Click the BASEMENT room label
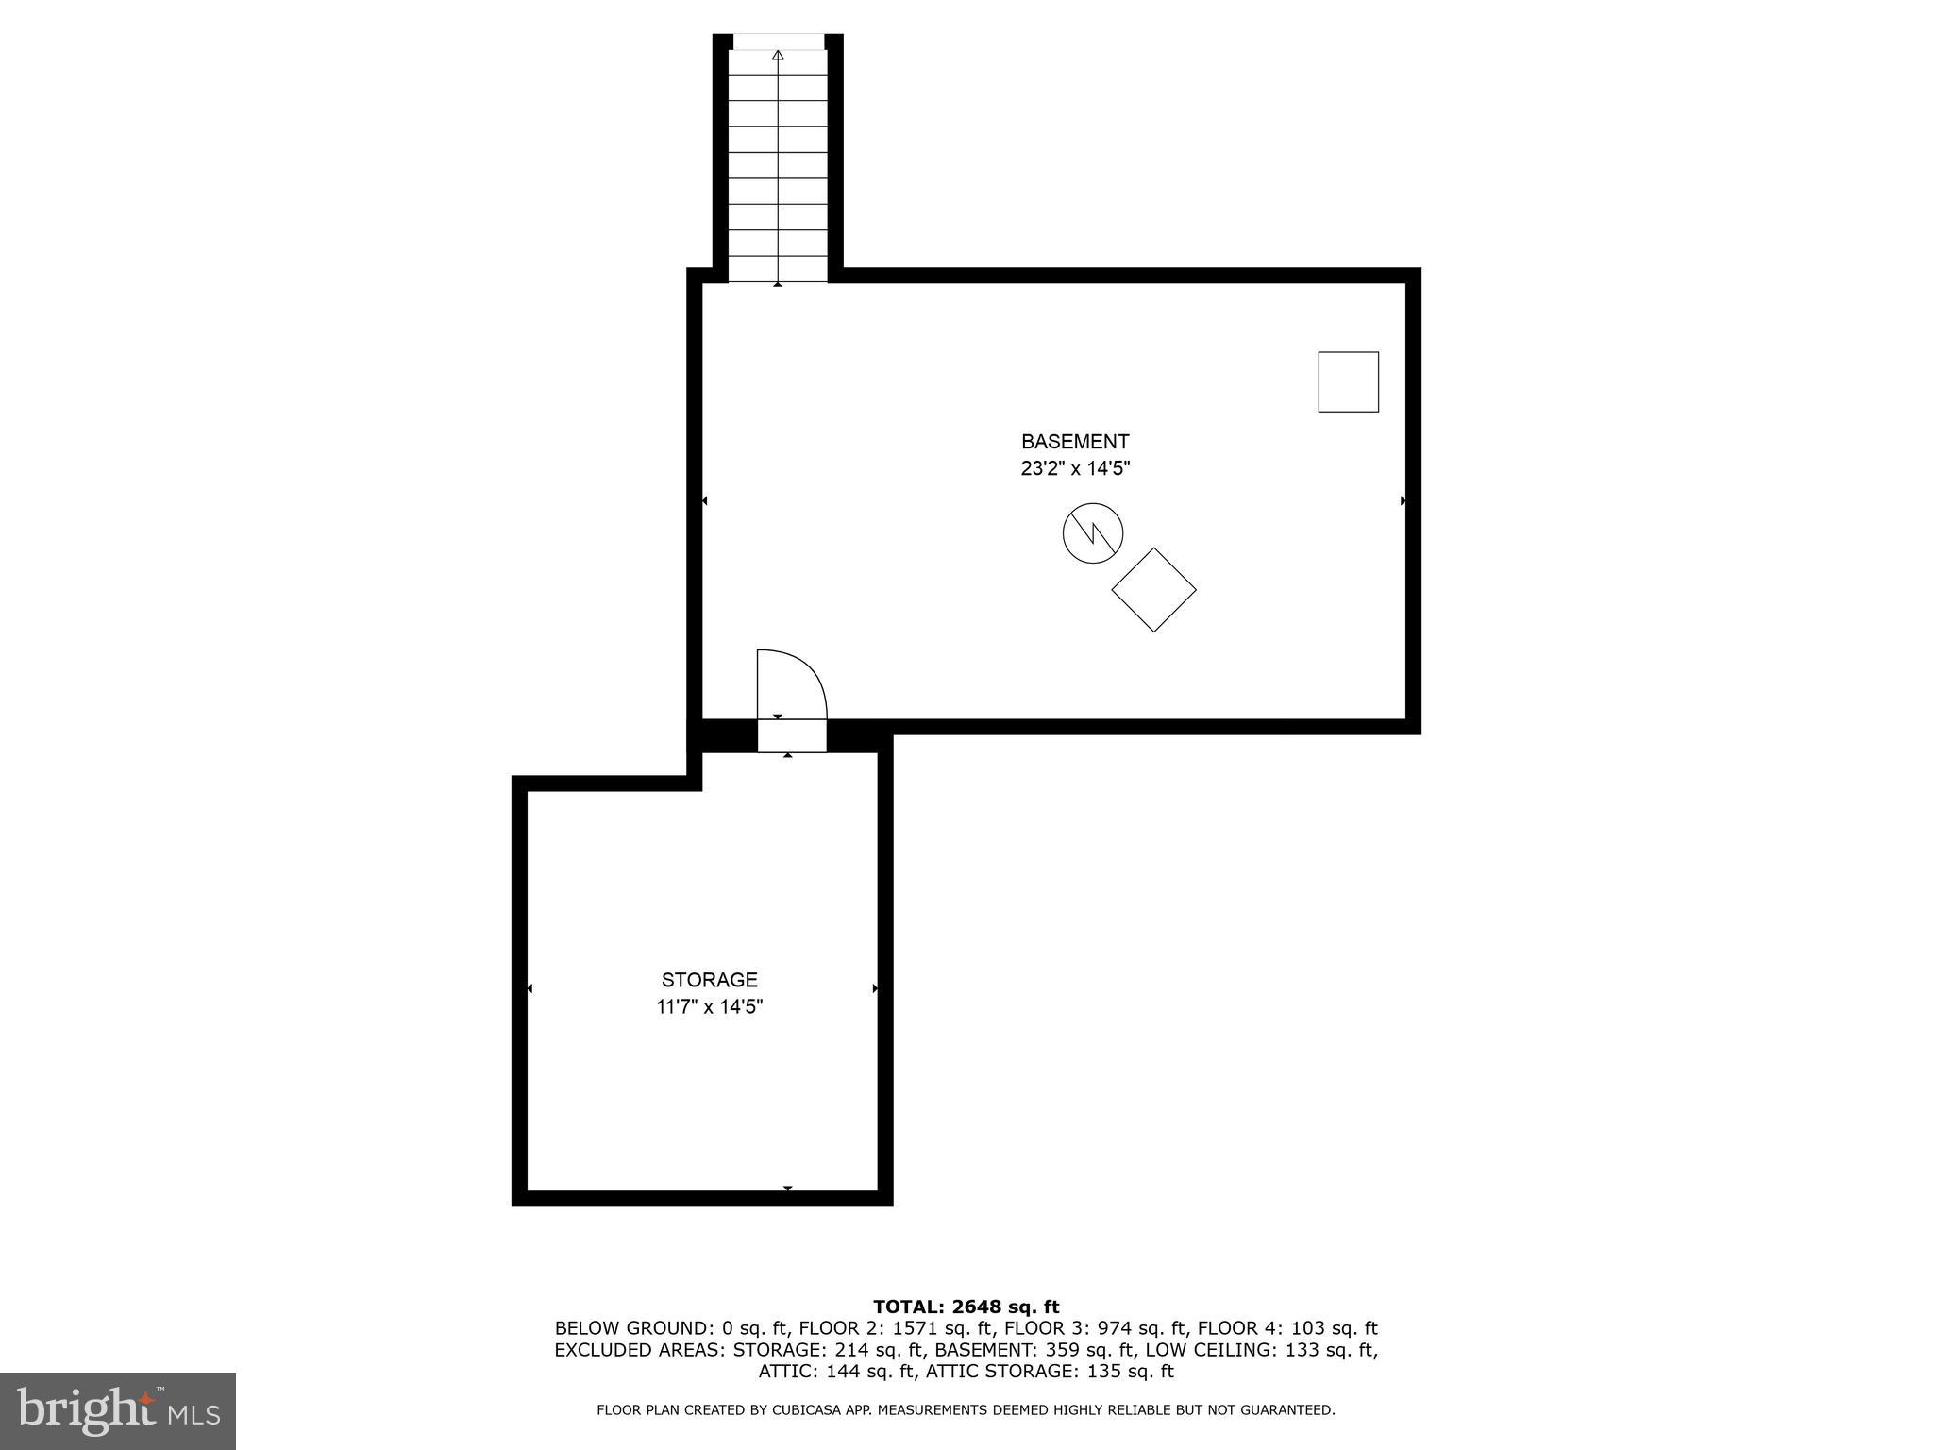click(1074, 442)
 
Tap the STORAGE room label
click(709, 980)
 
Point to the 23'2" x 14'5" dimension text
click(1075, 468)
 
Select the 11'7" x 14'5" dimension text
click(709, 1006)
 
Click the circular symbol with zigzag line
click(1092, 533)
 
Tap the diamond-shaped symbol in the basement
click(1153, 590)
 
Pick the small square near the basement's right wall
click(1348, 381)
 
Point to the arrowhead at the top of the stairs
click(778, 56)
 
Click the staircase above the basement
click(778, 165)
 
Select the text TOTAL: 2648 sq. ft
click(966, 1307)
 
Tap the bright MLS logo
click(118, 1411)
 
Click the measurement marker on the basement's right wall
click(1404, 500)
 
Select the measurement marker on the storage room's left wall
click(529, 988)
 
